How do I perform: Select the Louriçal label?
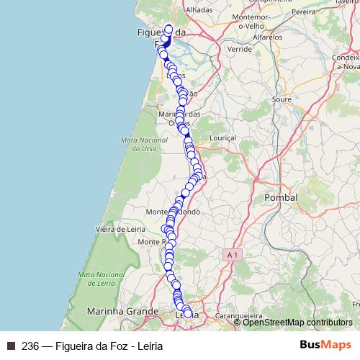[220, 136]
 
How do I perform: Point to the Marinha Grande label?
[122, 311]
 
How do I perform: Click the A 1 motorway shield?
[230, 256]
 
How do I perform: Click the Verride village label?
[239, 49]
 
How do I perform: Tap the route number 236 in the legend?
[31, 345]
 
